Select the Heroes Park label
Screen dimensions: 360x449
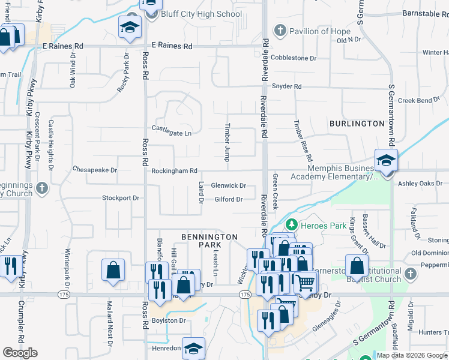pyautogui.click(x=321, y=226)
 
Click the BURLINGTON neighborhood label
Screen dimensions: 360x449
pyautogui.click(x=357, y=124)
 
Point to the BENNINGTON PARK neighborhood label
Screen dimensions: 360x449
pyautogui.click(x=210, y=242)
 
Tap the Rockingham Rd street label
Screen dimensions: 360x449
pyautogui.click(x=174, y=171)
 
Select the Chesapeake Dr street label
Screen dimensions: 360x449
pyautogui.click(x=95, y=170)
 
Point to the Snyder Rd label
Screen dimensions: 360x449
pyautogui.click(x=286, y=86)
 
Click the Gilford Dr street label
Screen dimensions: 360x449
pyautogui.click(x=228, y=199)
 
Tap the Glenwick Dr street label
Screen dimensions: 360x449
pyautogui.click(x=229, y=186)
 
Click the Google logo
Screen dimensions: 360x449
pyautogui.click(x=20, y=352)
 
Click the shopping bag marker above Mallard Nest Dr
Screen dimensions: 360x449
pyautogui.click(x=113, y=270)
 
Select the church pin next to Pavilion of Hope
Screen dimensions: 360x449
pyautogui.click(x=279, y=31)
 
